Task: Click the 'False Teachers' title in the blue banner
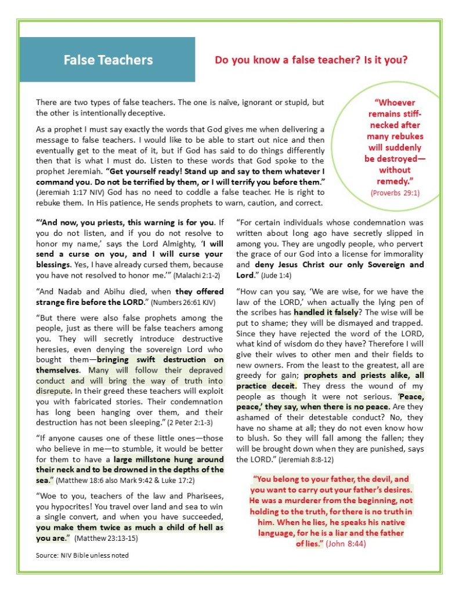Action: point(108,60)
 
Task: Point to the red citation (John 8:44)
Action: point(346,544)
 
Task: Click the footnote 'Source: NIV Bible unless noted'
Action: point(82,555)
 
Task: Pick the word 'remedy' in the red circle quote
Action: point(395,181)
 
